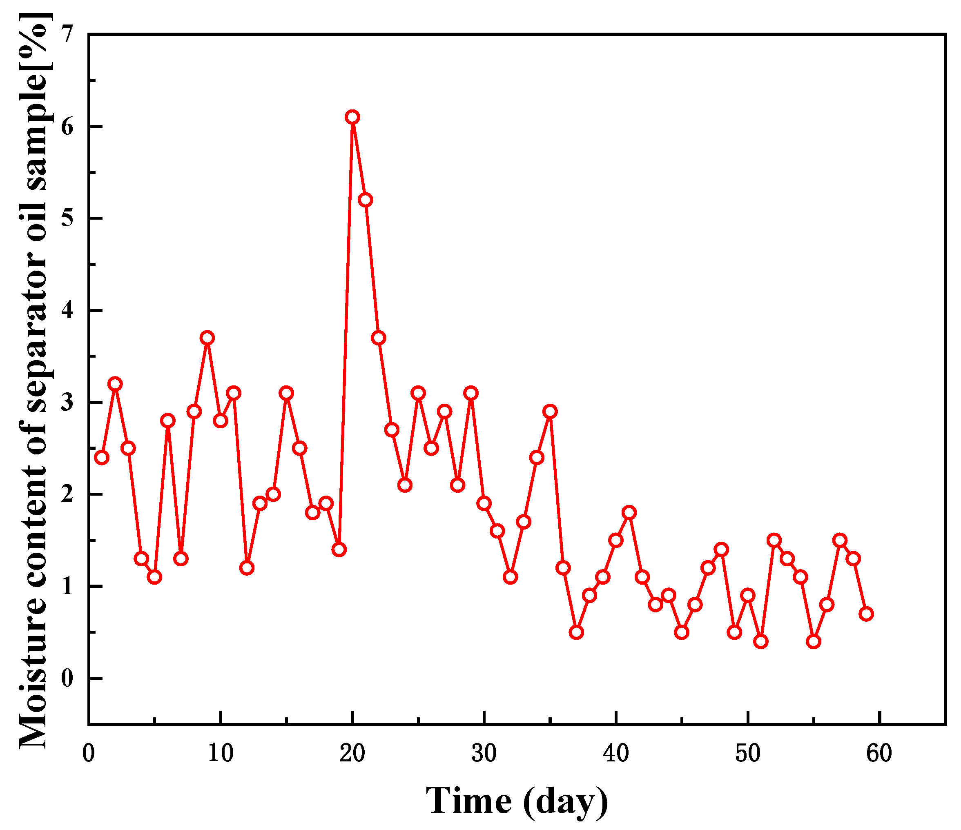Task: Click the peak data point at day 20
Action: [352, 117]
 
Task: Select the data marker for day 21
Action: [366, 200]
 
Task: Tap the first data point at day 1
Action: [102, 458]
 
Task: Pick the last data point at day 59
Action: [866, 614]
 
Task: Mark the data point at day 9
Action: [207, 338]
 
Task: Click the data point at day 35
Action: [550, 411]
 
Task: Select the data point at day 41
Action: [629, 513]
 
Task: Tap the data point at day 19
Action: [339, 550]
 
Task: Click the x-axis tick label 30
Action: [484, 754]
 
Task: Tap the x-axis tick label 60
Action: [879, 754]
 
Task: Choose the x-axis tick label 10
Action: [220, 754]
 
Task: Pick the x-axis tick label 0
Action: [89, 754]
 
